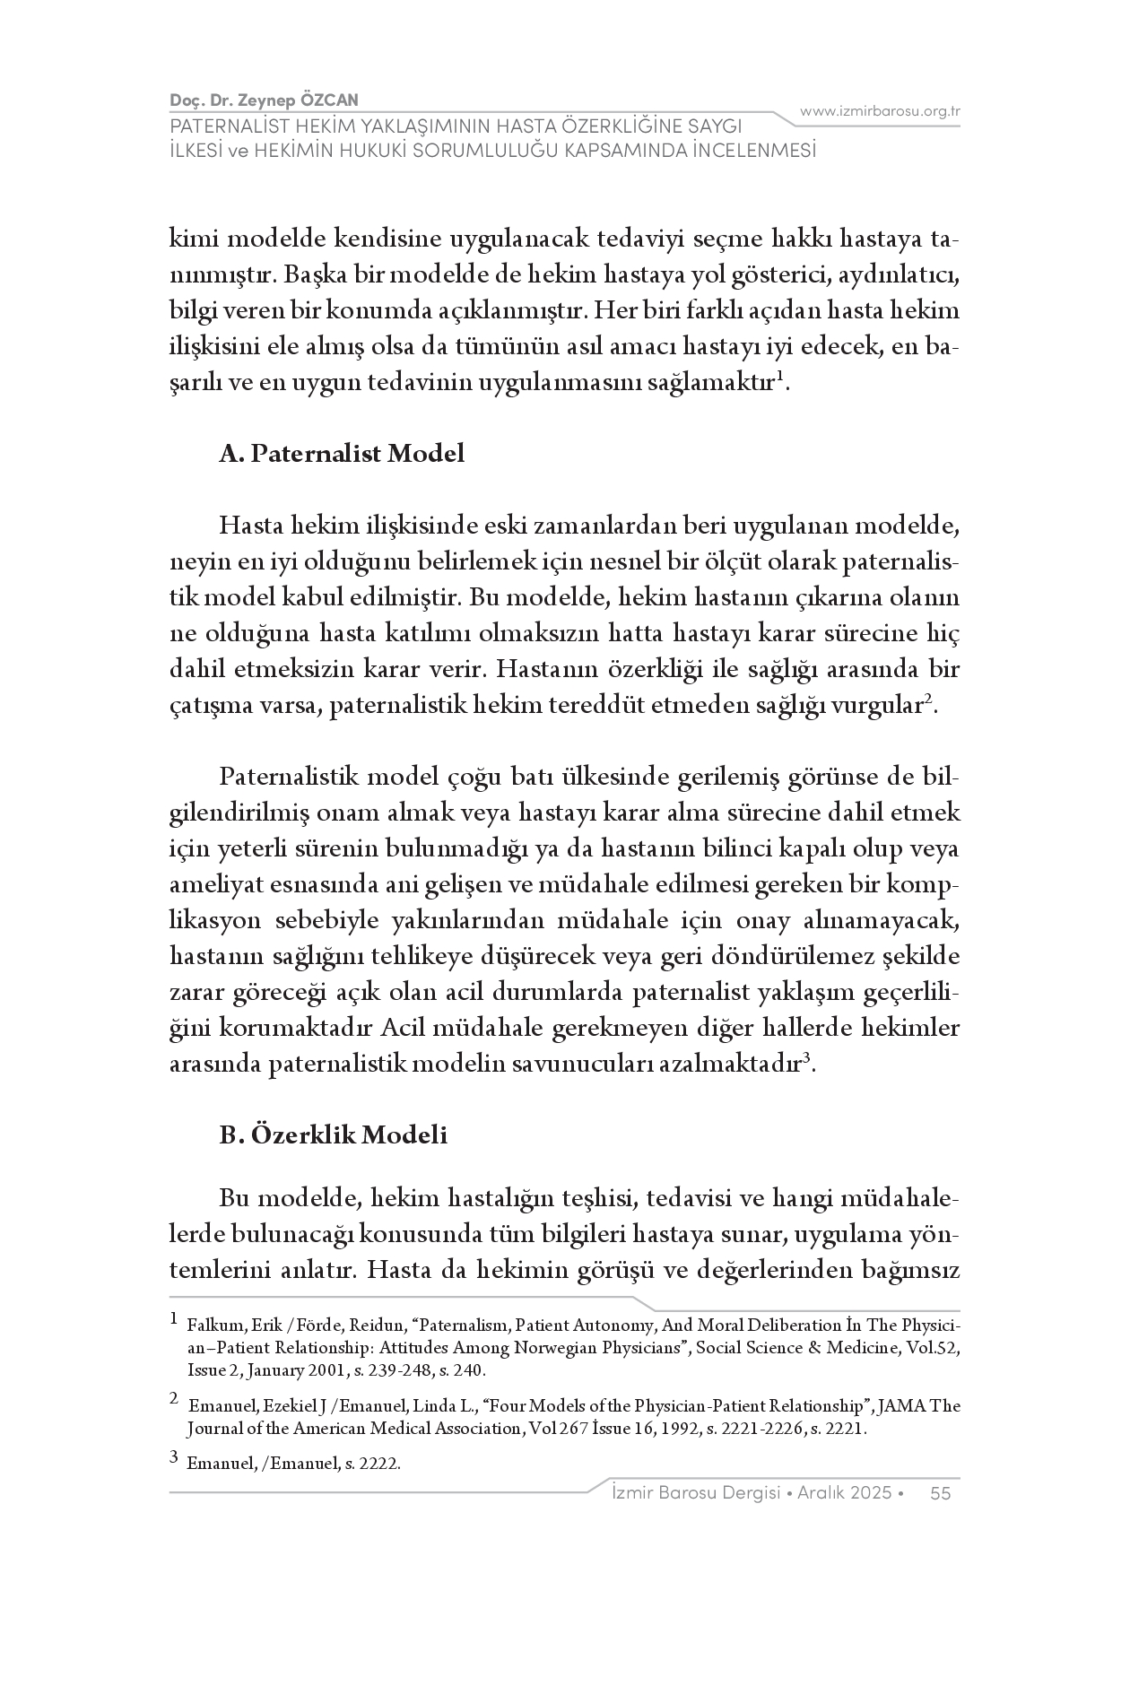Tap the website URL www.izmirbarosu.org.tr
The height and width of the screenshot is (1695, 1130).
(880, 111)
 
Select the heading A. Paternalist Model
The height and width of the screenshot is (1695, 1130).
(342, 453)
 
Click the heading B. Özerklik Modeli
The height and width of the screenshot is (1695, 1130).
(333, 1134)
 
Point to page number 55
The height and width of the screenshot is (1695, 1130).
(940, 1492)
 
